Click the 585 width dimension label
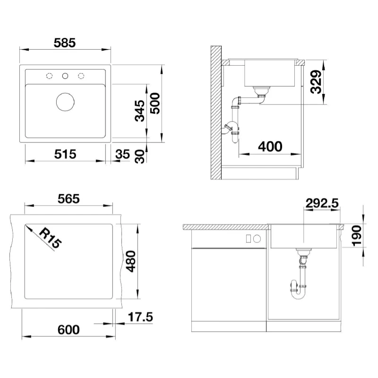click(65, 43)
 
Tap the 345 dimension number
click(139, 111)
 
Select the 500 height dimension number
click(155, 103)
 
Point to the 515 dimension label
click(65, 154)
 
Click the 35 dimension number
click(122, 155)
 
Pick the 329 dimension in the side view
click(316, 82)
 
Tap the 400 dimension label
click(270, 146)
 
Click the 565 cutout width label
click(69, 199)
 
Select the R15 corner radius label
click(50, 238)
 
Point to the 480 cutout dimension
click(131, 261)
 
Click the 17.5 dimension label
click(140, 317)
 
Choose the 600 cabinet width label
click(69, 330)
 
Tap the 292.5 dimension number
click(322, 203)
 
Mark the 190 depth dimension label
click(357, 235)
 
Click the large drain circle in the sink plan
click(65, 102)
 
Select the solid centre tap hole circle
click(65, 76)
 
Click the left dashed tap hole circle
click(49, 76)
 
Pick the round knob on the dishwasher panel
click(257, 239)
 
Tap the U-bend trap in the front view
click(298, 290)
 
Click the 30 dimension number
click(140, 156)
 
